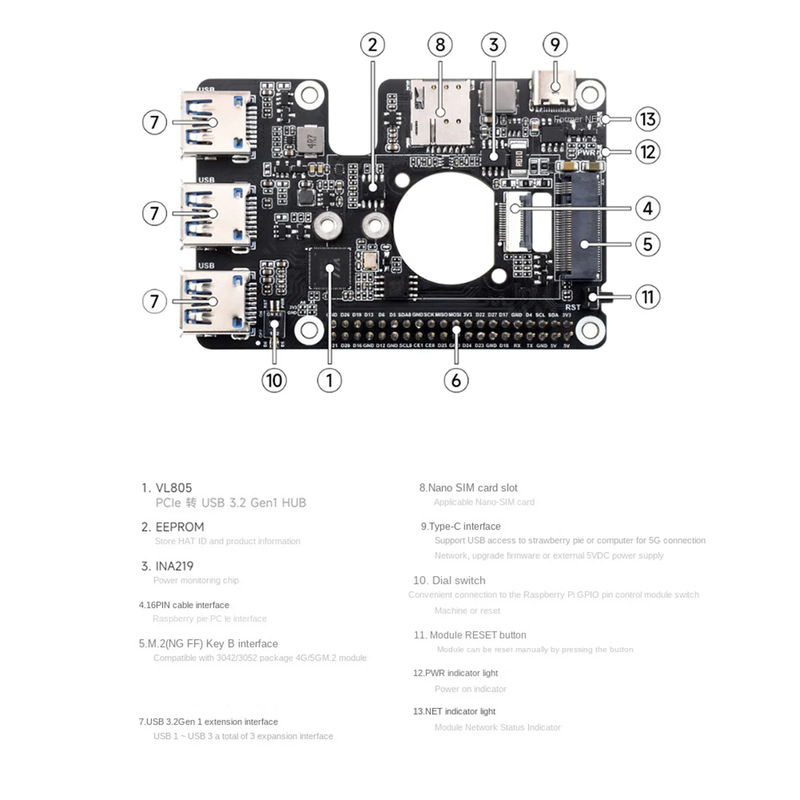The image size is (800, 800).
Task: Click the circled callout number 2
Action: [373, 45]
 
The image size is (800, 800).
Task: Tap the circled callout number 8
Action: [440, 45]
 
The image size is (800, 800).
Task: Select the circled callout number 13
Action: [647, 119]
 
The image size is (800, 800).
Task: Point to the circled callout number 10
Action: [273, 381]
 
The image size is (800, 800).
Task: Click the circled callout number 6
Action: [456, 381]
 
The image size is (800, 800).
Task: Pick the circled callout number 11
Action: [647, 297]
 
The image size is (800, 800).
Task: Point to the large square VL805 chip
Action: [329, 268]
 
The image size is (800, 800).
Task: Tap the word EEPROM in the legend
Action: [179, 527]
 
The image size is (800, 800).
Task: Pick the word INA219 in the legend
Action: [174, 566]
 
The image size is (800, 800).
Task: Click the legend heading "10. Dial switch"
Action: [449, 581]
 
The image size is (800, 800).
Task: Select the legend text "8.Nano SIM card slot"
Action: [468, 488]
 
